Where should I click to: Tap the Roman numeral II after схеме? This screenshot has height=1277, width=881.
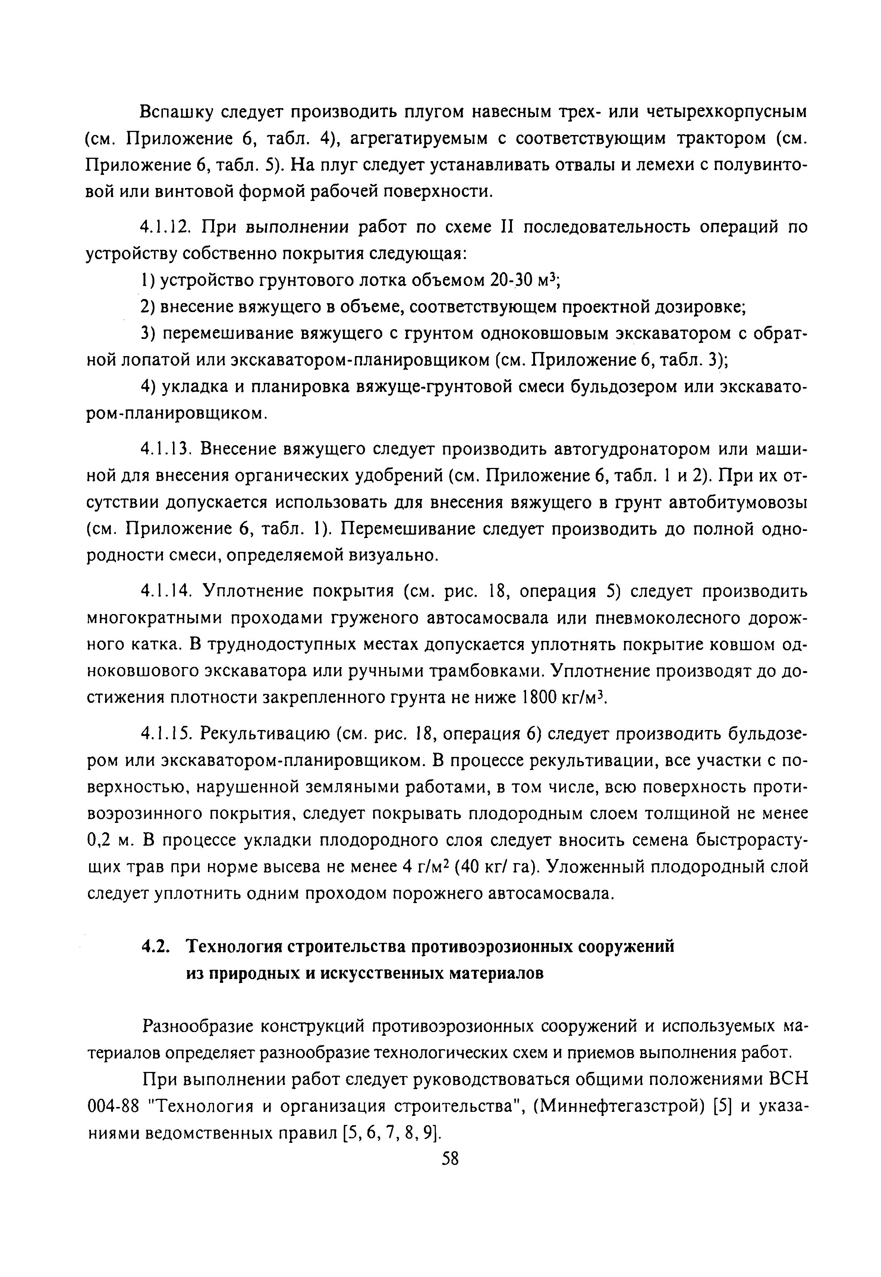[508, 227]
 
